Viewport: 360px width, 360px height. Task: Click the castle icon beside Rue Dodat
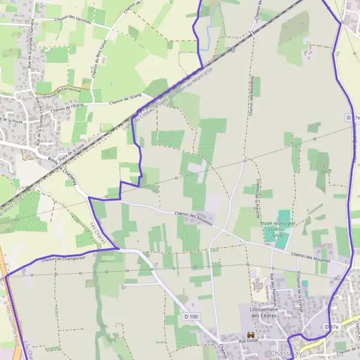click(251, 334)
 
